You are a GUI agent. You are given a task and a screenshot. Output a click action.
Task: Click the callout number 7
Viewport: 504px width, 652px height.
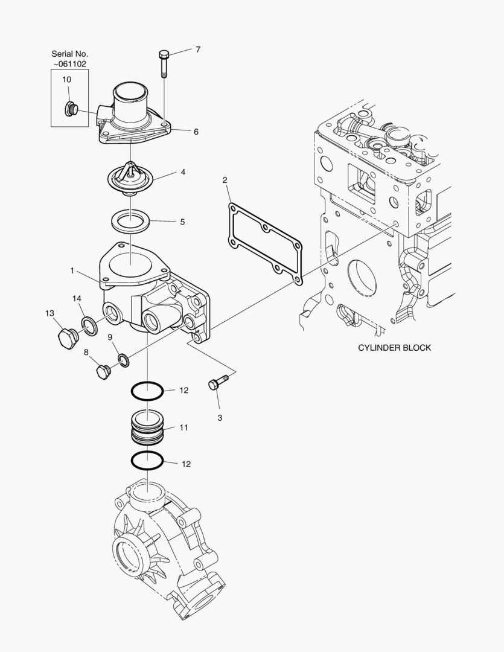(x=197, y=50)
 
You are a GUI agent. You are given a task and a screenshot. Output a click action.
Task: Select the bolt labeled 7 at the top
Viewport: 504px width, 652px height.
(x=164, y=63)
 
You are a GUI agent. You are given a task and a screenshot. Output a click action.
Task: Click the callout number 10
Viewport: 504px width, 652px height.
(x=66, y=79)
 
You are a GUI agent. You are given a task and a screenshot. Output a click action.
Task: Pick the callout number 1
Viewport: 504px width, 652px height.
(x=72, y=271)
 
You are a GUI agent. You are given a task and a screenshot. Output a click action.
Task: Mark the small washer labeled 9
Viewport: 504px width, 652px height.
(x=124, y=360)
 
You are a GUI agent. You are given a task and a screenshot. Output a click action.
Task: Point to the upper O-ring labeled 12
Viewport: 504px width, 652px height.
(x=147, y=391)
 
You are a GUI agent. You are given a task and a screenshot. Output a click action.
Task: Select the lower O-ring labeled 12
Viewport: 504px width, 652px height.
(x=147, y=462)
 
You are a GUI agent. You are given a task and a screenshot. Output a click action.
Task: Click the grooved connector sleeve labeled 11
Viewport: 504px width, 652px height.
(x=147, y=428)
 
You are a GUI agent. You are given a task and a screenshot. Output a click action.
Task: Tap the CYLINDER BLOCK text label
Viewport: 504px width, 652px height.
(x=394, y=348)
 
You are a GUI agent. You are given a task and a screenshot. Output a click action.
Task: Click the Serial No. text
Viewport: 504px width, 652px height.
(x=69, y=54)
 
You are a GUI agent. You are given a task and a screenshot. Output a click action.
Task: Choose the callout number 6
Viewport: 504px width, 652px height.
(x=196, y=131)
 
